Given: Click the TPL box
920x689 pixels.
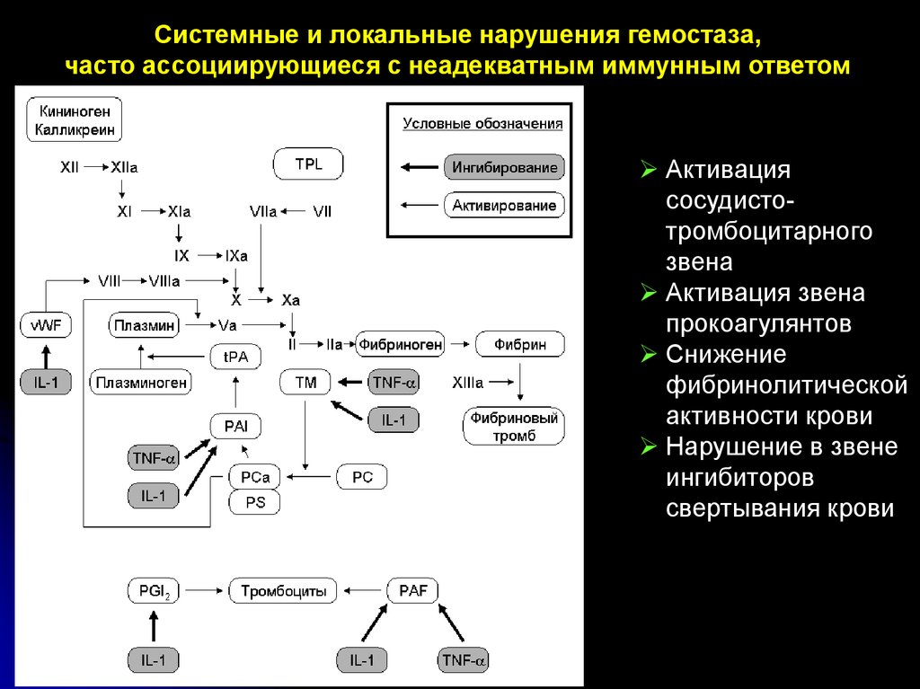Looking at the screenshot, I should point(308,164).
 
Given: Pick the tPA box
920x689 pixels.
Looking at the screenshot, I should point(235,357).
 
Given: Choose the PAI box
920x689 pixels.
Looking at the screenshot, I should point(235,425).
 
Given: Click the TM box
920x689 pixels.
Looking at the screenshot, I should point(305,383).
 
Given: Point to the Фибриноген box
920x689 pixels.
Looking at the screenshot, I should point(401,344).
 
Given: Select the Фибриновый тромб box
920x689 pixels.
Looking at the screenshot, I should point(514,427).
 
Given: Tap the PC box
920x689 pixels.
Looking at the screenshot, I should point(362,477).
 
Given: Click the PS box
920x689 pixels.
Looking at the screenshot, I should point(255,502).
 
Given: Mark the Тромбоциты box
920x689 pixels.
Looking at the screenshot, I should point(283,591).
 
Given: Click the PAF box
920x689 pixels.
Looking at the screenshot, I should point(412,591).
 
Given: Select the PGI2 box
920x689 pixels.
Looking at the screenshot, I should point(154,591).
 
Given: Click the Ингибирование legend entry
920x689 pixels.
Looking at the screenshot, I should point(504,167).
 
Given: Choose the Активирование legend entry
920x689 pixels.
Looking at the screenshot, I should point(504,206).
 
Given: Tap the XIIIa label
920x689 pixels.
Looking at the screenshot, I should point(467,383).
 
